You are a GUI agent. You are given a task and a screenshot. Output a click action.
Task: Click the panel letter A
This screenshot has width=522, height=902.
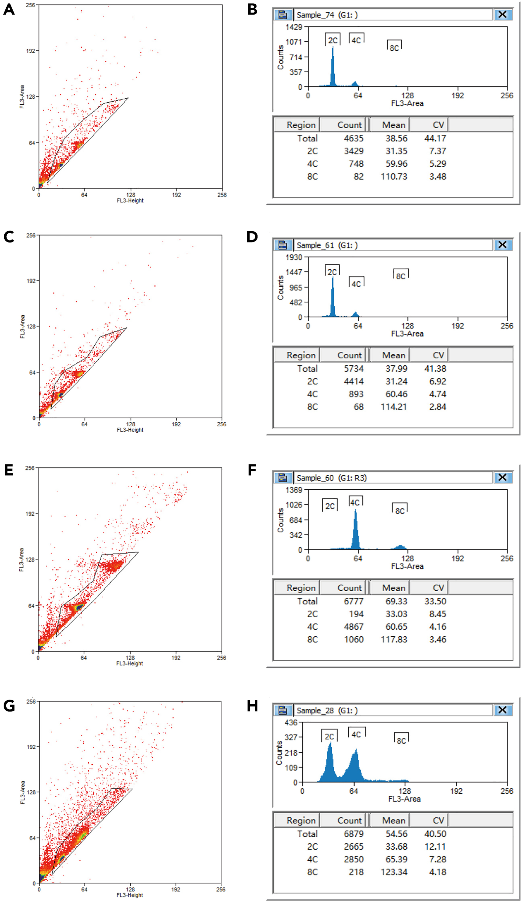pos(9,9)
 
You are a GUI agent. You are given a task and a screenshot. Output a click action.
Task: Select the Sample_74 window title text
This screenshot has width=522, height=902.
pos(327,15)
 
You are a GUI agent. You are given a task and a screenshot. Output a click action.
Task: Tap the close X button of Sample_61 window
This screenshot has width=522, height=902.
pos(502,245)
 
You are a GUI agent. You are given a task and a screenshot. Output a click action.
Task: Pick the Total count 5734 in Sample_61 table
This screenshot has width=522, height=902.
pos(354,369)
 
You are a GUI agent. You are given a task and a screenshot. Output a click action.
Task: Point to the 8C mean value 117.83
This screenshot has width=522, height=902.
pos(394,639)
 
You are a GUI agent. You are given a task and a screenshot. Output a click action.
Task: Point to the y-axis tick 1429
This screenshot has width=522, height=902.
pos(294,27)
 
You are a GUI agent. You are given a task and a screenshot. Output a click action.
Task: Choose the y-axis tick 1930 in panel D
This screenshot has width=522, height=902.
pos(294,257)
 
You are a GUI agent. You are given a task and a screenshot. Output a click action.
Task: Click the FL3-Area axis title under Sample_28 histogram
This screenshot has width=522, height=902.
pos(404,799)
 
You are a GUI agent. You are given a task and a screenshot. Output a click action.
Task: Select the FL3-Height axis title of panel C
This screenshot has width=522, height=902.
pos(130,430)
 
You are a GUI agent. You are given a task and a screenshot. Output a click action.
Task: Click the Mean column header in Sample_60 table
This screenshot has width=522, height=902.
pos(393,588)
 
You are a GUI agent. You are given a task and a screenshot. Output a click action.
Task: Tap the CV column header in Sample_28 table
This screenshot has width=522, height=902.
pos(438,821)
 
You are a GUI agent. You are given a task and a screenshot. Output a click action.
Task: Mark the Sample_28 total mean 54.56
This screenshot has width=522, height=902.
pos(396,834)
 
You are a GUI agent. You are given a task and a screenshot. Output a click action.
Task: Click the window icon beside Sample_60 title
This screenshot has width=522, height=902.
pos(283,477)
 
